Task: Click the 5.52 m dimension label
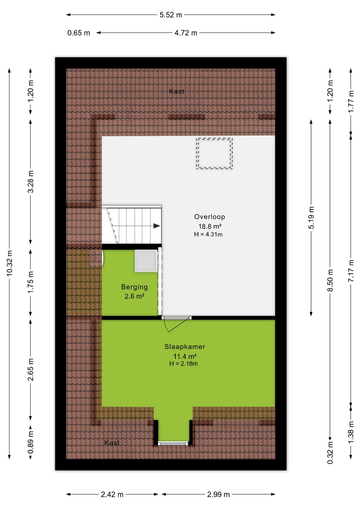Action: (171, 15)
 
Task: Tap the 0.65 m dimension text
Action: (78, 33)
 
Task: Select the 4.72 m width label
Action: (186, 33)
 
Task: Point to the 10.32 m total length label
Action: (10, 263)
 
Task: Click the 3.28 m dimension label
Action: (31, 182)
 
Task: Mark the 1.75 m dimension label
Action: (31, 282)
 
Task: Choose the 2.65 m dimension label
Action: (31, 369)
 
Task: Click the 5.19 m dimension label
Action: (311, 218)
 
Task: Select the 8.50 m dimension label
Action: (330, 280)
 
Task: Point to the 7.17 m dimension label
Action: (351, 271)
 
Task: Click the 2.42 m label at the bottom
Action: (112, 494)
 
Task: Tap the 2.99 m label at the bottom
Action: (218, 494)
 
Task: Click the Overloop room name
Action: (209, 217)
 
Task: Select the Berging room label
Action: (134, 287)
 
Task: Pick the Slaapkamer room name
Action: (185, 347)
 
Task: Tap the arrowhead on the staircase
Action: (157, 226)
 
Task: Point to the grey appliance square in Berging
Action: (146, 261)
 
